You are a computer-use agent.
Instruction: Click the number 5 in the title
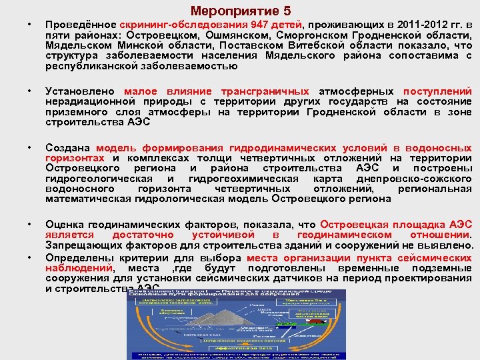tap(287, 11)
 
